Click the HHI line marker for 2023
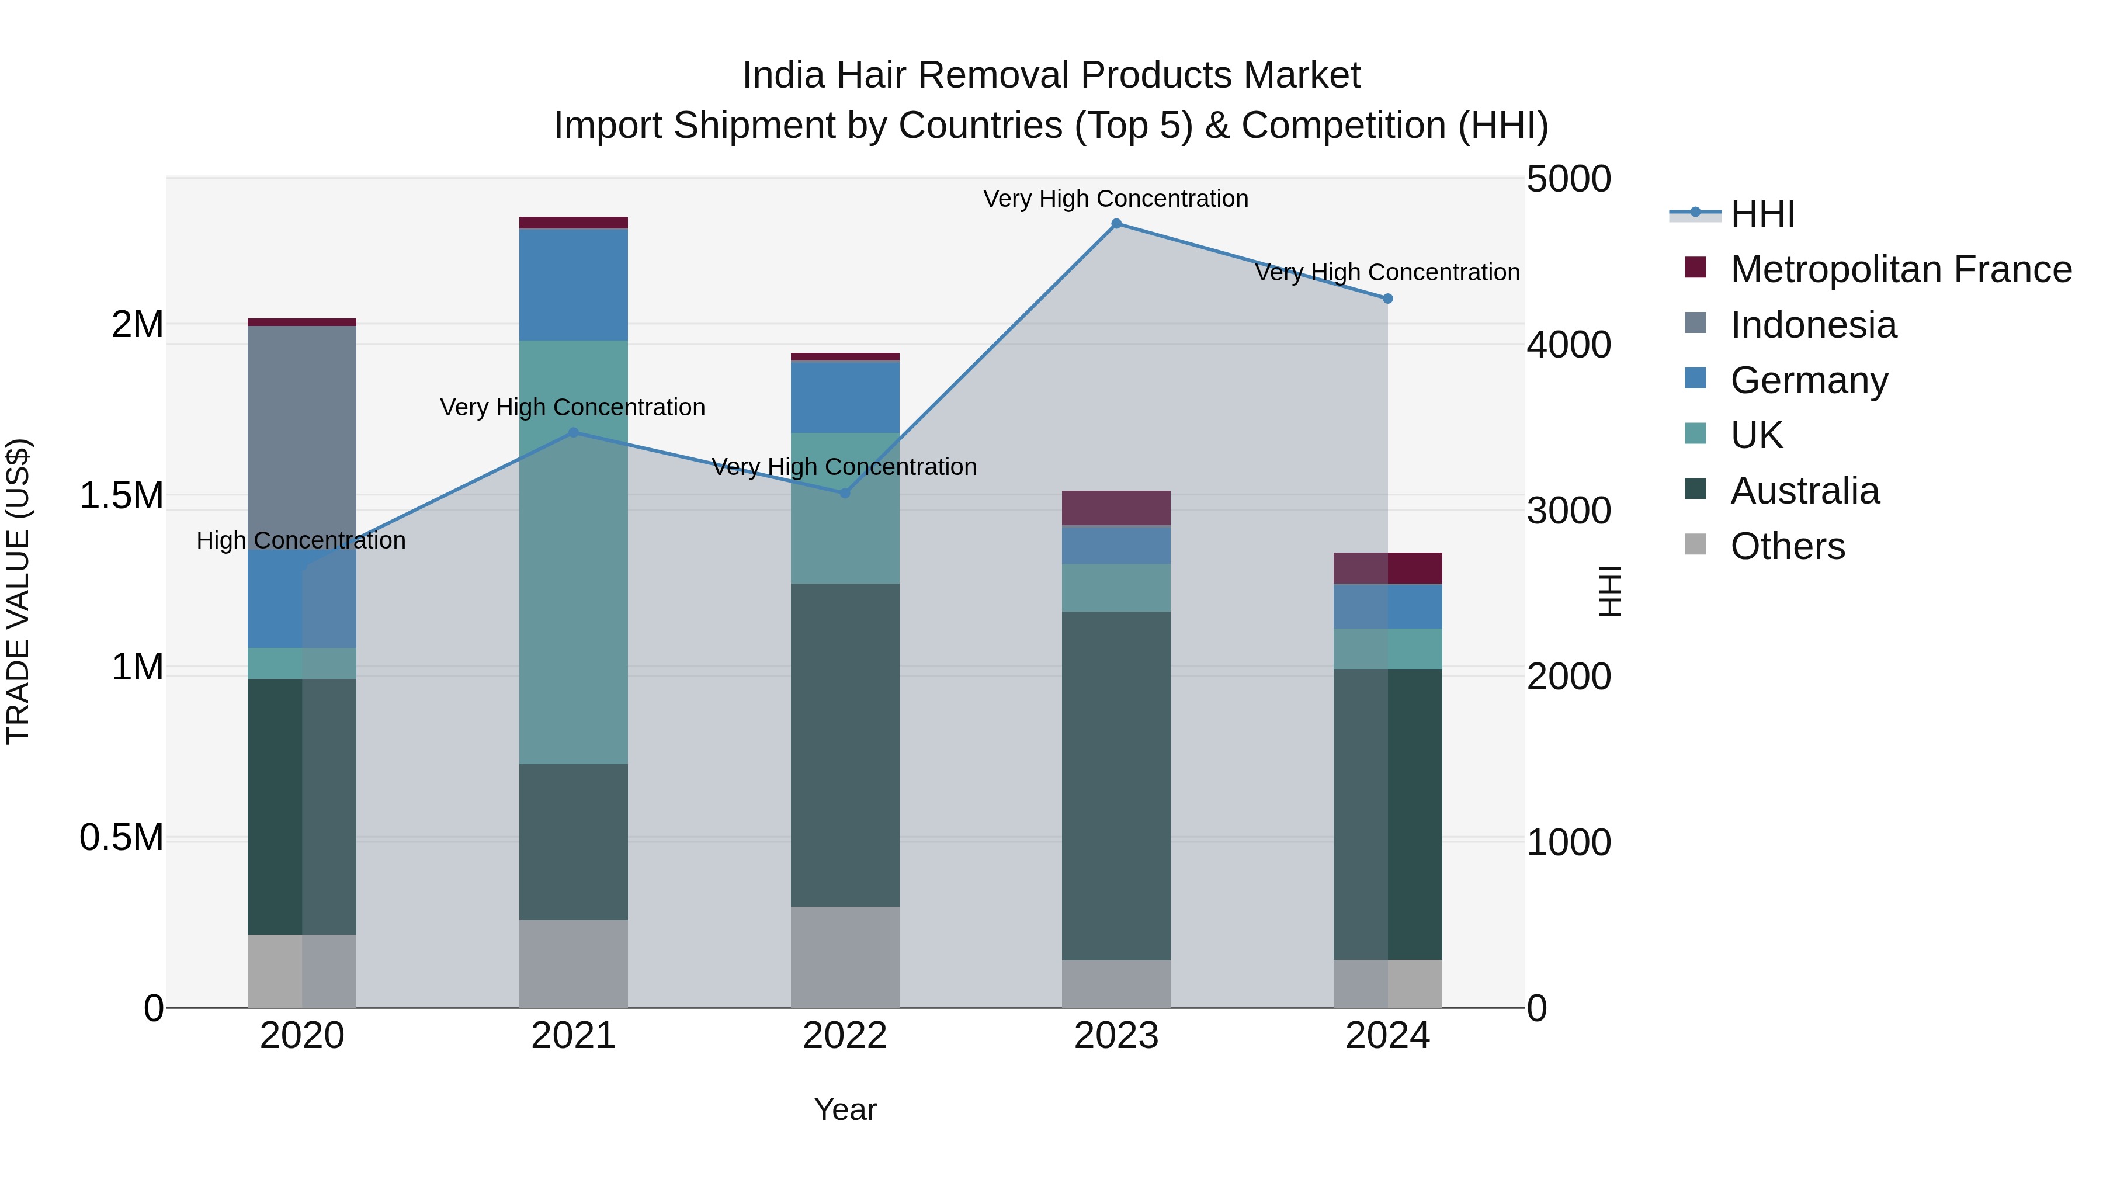(x=1116, y=224)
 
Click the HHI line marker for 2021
(x=573, y=433)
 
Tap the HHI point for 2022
(x=845, y=493)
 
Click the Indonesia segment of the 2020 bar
(x=302, y=433)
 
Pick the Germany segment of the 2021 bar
(x=573, y=284)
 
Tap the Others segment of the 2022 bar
(x=845, y=957)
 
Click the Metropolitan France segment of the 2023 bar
(x=1116, y=508)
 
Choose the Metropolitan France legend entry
(x=1900, y=269)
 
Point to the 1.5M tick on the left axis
(x=121, y=495)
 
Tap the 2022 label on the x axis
(x=845, y=1036)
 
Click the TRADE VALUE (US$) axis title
(x=18, y=591)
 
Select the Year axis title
(x=845, y=1109)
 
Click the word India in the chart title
(x=783, y=75)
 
